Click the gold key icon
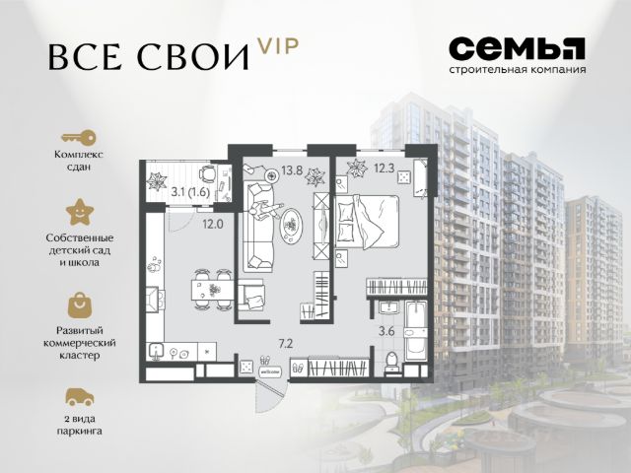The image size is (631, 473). [x=79, y=138]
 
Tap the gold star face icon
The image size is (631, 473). [x=80, y=212]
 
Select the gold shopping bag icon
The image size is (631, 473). [x=80, y=305]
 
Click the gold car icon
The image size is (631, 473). [x=80, y=397]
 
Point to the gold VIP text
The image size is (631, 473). [x=278, y=46]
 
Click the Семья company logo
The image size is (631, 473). [x=517, y=55]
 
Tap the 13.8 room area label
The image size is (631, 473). [x=292, y=170]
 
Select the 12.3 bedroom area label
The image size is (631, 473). [x=384, y=169]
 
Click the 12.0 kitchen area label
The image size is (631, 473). [x=213, y=224]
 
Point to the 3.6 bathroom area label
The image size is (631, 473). [x=386, y=331]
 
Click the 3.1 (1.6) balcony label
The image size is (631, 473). [x=190, y=192]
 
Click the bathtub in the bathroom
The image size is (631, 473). [x=415, y=330]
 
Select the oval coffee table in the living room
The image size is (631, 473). [x=292, y=226]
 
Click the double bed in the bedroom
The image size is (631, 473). [x=366, y=222]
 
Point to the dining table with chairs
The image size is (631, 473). [x=213, y=290]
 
